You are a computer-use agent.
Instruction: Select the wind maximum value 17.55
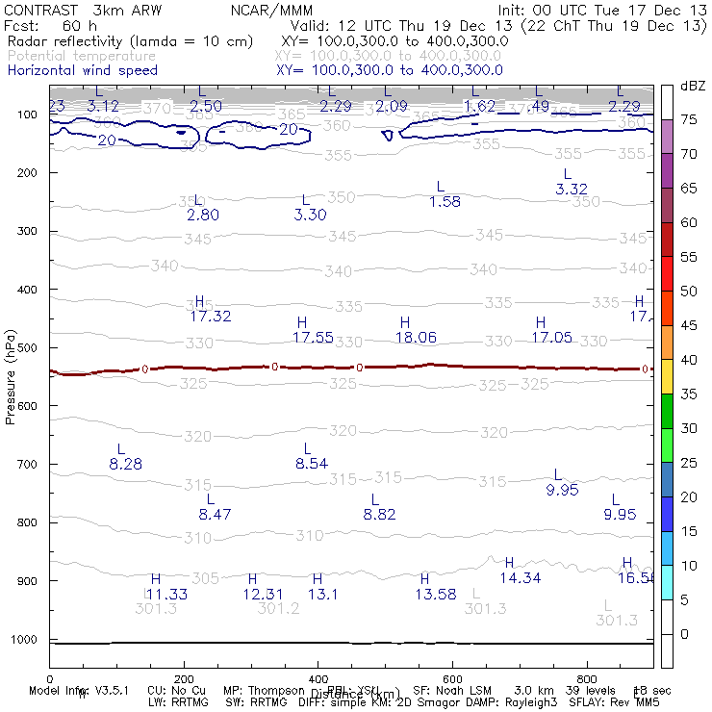[313, 337]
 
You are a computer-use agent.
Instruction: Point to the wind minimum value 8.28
[125, 464]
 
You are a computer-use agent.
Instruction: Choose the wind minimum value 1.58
[445, 202]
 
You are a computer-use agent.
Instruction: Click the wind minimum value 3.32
[572, 190]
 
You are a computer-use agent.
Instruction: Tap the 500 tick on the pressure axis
[27, 347]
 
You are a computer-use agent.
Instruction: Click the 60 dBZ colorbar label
[688, 222]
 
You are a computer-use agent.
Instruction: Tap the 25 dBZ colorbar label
[688, 463]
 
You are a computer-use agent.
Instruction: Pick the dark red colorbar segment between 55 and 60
[667, 240]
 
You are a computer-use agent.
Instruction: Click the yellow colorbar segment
[667, 377]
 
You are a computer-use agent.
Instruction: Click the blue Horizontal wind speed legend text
[82, 70]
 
